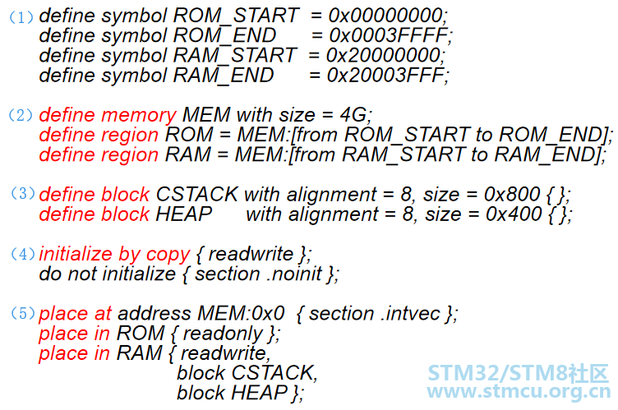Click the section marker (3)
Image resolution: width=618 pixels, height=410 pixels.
pyautogui.click(x=22, y=194)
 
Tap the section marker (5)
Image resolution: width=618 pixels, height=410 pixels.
pyautogui.click(x=22, y=314)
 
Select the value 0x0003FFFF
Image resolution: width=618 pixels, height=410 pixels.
pyautogui.click(x=390, y=35)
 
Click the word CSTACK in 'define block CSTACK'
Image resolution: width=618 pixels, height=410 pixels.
pyautogui.click(x=196, y=195)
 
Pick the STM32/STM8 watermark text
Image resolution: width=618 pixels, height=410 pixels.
pyautogui.click(x=517, y=373)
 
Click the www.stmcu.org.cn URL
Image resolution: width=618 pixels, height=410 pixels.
pyautogui.click(x=517, y=393)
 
